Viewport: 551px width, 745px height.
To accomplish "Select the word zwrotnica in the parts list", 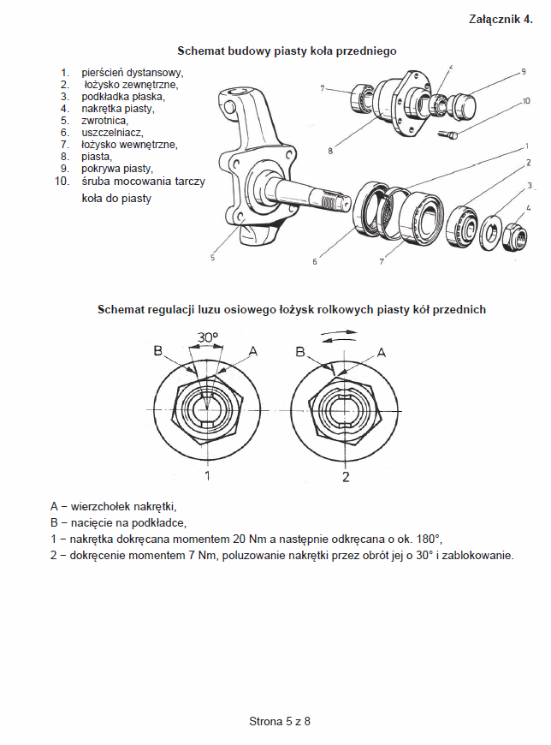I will [104, 121].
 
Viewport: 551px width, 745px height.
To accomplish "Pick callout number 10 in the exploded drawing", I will [524, 102].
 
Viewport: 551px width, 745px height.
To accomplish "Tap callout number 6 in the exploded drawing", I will [314, 261].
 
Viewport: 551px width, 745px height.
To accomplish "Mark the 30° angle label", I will [208, 337].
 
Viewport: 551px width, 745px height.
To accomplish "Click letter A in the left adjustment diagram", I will [252, 351].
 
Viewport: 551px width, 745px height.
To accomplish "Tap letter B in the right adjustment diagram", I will [299, 351].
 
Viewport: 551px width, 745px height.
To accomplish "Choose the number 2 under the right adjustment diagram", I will [346, 476].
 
